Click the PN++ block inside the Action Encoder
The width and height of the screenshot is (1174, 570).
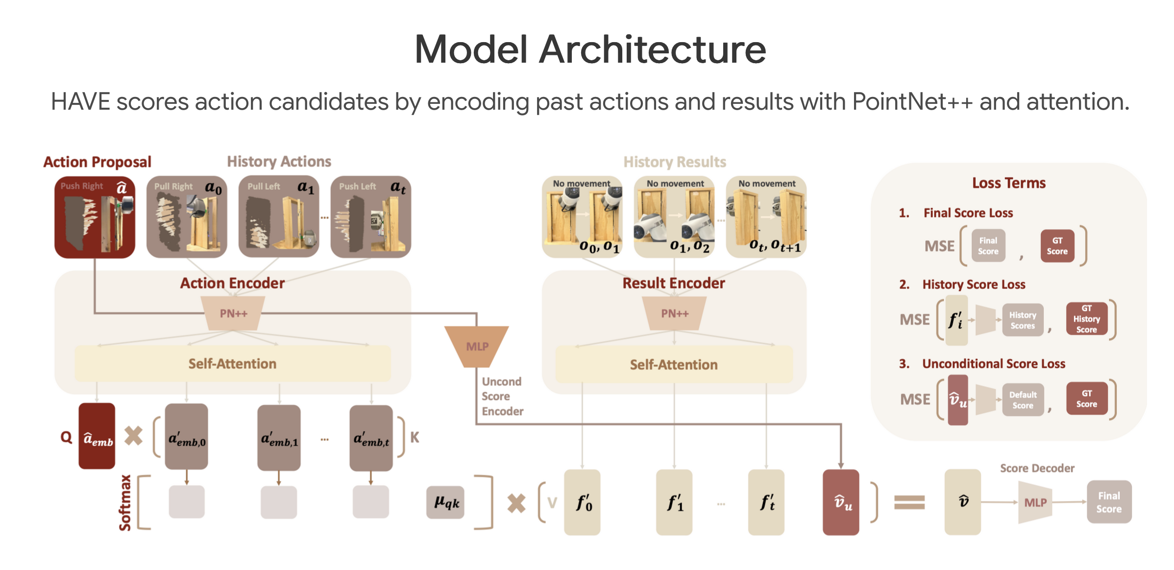coord(233,313)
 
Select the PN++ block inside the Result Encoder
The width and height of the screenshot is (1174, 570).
coord(674,313)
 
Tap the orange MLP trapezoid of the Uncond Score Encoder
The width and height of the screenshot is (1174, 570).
coord(477,346)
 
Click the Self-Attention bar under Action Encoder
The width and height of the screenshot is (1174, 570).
coord(232,364)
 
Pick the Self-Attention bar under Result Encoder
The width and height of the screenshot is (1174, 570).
coord(674,364)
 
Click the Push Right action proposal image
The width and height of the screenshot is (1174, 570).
coord(95,217)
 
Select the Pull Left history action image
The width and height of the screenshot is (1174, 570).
coord(279,217)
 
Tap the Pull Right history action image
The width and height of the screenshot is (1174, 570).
coord(187,217)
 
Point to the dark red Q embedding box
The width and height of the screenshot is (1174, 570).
coord(97,436)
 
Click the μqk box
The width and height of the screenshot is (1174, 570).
coord(446,502)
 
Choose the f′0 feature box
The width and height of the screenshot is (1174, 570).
coord(582,502)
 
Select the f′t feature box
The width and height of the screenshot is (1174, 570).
coord(766,502)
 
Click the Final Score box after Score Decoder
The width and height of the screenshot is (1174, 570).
coord(1109,502)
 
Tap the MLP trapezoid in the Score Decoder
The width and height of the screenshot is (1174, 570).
coord(1035,502)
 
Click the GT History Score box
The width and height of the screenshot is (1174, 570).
coord(1086,319)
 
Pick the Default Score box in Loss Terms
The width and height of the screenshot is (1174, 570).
coord(1023,400)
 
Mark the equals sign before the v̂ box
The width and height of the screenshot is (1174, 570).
coord(909,502)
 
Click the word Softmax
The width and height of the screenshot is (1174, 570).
coord(125,502)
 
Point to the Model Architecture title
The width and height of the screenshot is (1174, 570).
coord(590,49)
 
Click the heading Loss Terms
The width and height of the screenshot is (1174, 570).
coord(1008,183)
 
